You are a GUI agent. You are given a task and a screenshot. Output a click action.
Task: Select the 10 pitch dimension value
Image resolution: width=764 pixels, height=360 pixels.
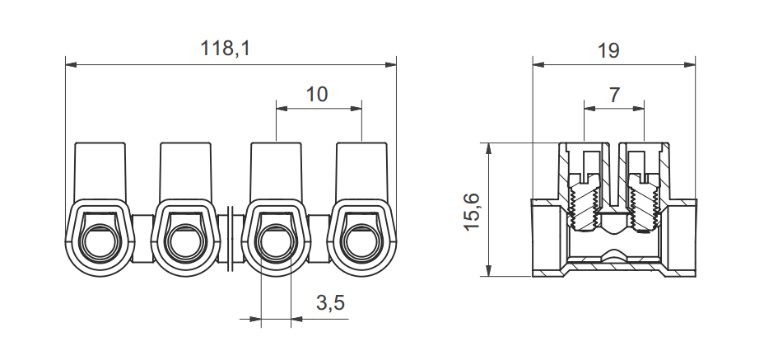click(316, 94)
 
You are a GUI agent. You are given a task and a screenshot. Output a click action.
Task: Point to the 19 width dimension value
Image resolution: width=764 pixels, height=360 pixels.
click(608, 50)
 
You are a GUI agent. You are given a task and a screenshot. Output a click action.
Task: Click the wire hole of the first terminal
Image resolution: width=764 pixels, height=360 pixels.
click(100, 241)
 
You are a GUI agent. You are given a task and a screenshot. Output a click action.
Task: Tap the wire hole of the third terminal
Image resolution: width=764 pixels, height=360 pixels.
click(275, 241)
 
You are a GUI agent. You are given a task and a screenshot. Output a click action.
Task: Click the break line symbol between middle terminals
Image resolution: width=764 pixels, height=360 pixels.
click(231, 235)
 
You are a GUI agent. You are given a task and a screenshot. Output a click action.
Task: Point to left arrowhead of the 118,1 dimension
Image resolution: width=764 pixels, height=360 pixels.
click(69, 63)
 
